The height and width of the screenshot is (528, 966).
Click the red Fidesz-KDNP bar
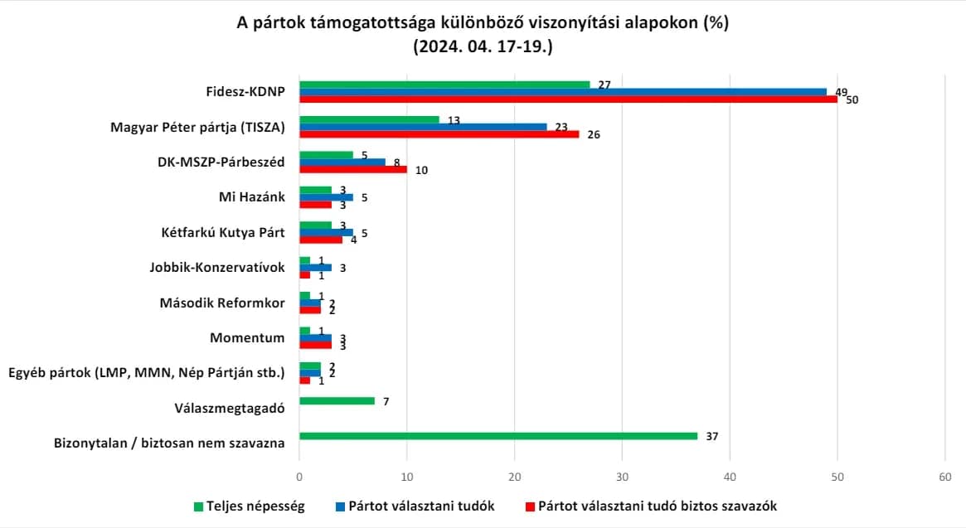point(568,99)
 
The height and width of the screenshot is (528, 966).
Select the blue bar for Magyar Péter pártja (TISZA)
point(423,127)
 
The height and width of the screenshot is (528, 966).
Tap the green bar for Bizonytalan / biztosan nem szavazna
point(498,436)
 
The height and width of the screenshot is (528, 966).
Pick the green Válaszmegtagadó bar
point(337,401)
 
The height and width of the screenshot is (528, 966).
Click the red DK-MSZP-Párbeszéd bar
point(353,169)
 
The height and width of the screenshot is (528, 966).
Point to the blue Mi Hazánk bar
point(327,198)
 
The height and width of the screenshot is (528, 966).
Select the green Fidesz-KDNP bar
point(444,85)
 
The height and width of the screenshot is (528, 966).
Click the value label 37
point(712,436)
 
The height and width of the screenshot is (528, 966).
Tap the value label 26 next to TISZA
point(593,134)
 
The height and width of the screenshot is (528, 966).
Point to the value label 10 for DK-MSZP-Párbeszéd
point(421,170)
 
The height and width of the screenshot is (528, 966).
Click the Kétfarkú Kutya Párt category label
point(223,232)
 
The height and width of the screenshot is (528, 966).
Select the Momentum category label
point(247,337)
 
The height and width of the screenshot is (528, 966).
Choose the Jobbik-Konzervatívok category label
point(217,268)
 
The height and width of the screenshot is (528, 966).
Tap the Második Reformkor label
point(221,303)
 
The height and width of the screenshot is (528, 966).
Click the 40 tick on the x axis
point(730,477)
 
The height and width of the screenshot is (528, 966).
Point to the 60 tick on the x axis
point(944,477)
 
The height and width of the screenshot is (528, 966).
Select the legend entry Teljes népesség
point(249,506)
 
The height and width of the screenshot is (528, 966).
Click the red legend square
point(530,507)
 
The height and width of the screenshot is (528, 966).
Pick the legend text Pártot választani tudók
point(421,506)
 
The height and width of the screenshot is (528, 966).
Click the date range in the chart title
point(483,46)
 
